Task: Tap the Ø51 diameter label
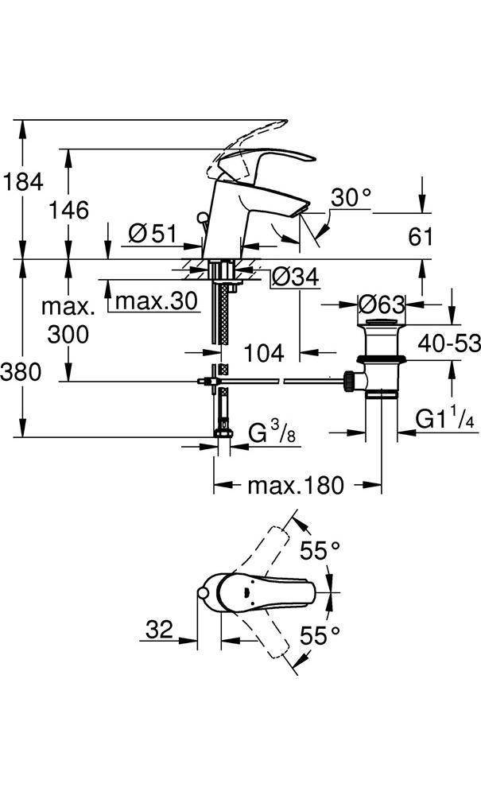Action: pos(152,233)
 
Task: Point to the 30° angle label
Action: pos(351,197)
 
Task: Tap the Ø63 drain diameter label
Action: pos(382,304)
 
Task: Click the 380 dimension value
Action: pos(22,371)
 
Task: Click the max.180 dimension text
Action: pos(296,485)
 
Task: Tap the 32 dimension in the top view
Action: pos(159,630)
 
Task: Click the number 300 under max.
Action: pos(68,335)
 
